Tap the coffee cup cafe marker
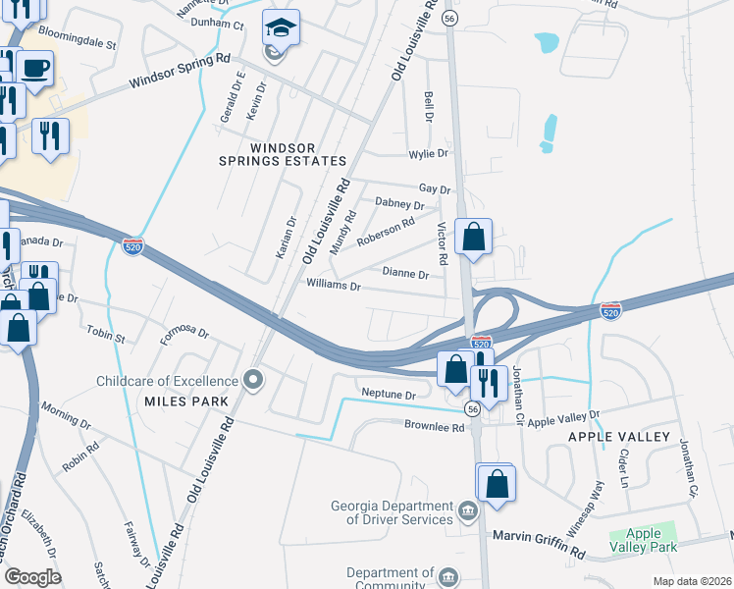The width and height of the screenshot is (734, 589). coord(35,69)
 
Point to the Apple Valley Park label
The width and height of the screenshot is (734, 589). coord(644,541)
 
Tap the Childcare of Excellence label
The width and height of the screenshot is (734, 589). coord(167,381)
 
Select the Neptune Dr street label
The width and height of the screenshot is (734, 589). coord(390,395)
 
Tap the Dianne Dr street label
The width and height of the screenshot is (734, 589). coord(405,274)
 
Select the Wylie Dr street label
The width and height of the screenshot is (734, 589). coord(428,154)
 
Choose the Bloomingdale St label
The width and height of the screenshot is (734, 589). coord(78,45)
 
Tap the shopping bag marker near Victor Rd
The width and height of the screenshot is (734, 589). coord(474,237)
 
